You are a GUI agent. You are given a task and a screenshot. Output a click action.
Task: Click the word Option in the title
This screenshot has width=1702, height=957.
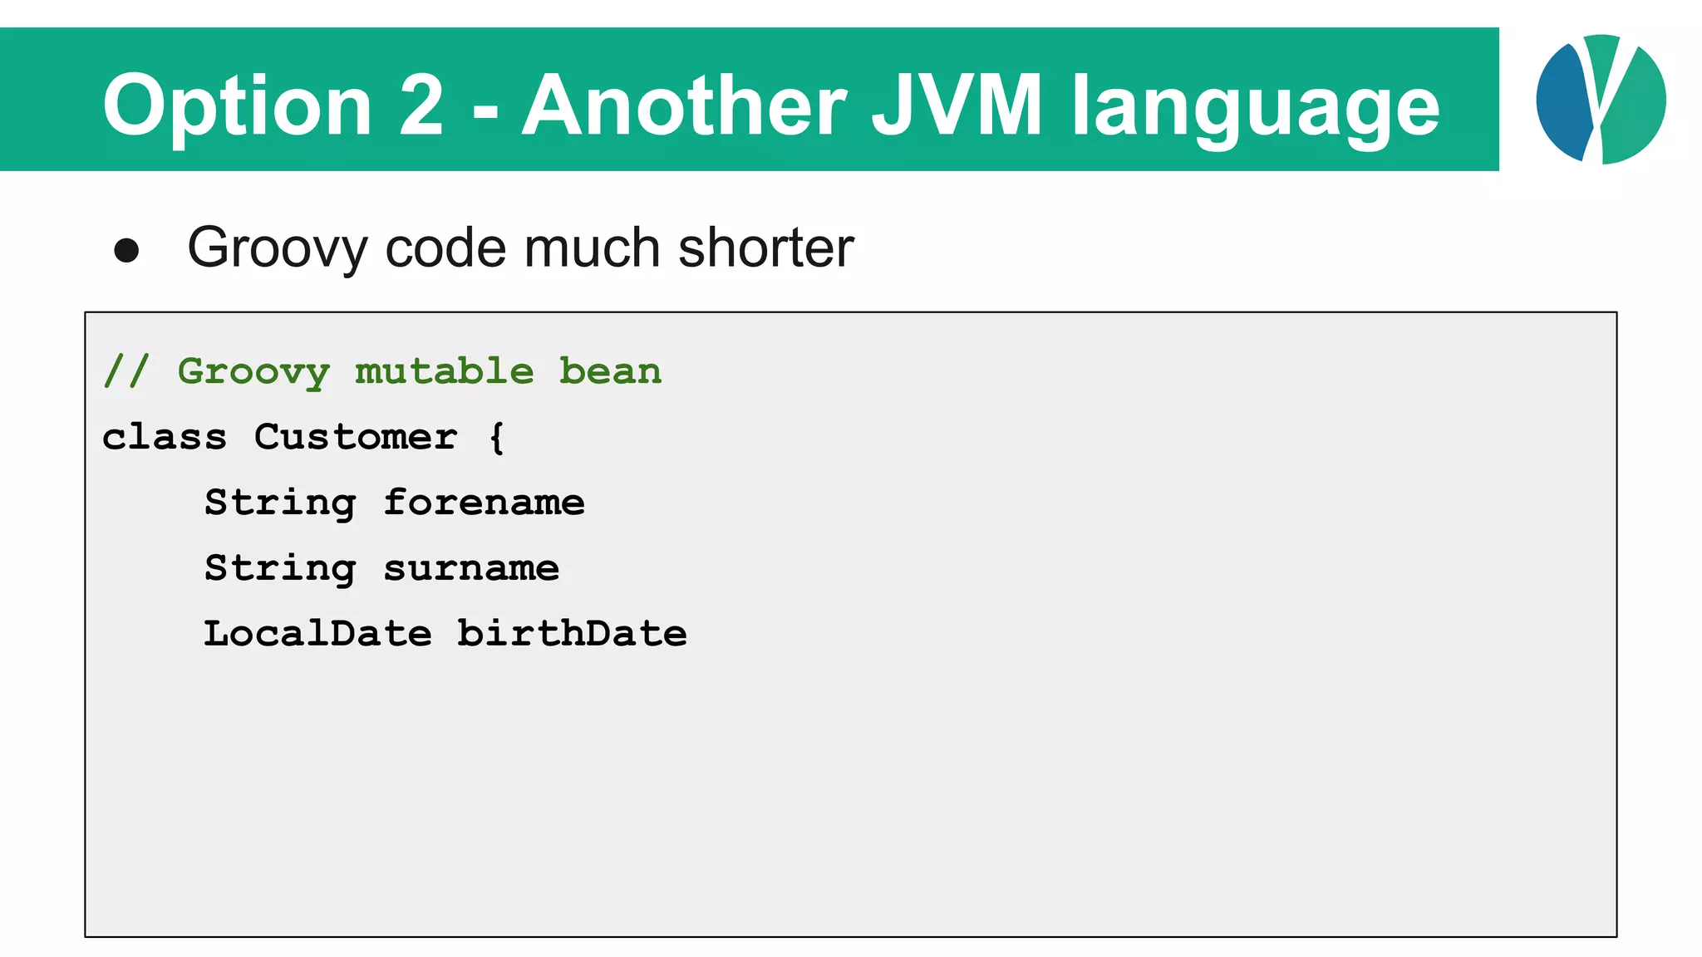[x=237, y=106]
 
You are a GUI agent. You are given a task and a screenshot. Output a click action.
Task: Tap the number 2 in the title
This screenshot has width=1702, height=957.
[x=421, y=105]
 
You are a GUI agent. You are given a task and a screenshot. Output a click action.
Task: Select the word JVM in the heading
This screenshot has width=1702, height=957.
[x=956, y=105]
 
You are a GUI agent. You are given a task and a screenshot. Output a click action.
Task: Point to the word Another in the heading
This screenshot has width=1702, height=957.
[x=684, y=105]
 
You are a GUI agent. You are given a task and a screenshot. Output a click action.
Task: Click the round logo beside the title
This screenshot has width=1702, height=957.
[x=1601, y=100]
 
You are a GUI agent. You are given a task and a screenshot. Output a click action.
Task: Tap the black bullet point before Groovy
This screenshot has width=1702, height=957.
[x=126, y=251]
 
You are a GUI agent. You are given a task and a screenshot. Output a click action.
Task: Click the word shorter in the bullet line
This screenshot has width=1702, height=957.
[x=765, y=248]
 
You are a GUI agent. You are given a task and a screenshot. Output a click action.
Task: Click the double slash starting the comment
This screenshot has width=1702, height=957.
[x=126, y=371]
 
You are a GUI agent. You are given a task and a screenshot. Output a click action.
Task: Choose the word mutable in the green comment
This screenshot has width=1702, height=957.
[x=445, y=371]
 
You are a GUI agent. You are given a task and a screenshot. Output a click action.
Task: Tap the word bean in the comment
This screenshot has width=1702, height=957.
[x=610, y=371]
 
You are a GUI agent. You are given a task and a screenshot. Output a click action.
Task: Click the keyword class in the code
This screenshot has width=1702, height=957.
[x=165, y=437]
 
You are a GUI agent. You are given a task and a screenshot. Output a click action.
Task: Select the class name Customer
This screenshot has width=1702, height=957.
[x=356, y=437]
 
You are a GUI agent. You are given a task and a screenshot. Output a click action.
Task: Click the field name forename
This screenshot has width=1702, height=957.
[x=484, y=503]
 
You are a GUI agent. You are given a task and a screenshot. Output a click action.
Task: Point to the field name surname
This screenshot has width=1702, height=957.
[x=471, y=568]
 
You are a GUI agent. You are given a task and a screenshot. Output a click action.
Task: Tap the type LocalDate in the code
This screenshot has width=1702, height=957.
[x=317, y=634]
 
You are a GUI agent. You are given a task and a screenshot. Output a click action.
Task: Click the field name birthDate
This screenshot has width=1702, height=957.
[x=572, y=634]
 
